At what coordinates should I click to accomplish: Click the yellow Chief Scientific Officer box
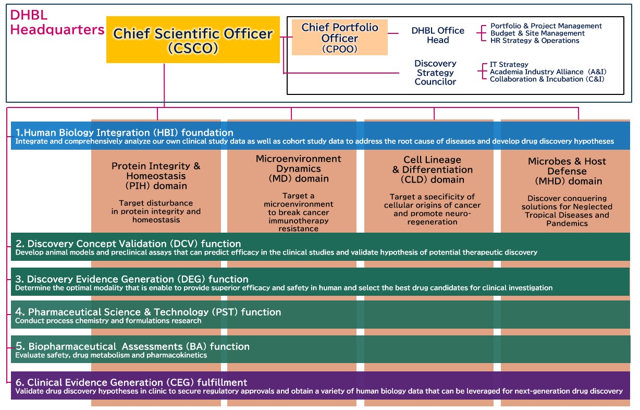(x=193, y=40)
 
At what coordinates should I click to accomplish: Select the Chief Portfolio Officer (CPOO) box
(x=339, y=37)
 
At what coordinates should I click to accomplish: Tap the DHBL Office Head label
(x=437, y=35)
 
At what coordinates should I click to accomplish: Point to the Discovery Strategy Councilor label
(x=435, y=73)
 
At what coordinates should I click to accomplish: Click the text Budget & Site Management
(x=537, y=33)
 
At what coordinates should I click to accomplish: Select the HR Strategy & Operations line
(x=534, y=41)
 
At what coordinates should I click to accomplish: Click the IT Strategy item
(x=509, y=65)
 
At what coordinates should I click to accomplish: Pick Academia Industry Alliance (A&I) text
(x=548, y=72)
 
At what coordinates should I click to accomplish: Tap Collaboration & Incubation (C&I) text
(x=547, y=79)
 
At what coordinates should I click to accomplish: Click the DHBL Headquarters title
(x=56, y=23)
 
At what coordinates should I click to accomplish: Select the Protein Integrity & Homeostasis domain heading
(x=156, y=176)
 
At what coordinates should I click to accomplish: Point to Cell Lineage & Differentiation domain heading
(x=432, y=170)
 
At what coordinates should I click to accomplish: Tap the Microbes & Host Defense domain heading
(x=567, y=171)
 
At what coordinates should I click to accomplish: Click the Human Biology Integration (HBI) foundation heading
(x=125, y=132)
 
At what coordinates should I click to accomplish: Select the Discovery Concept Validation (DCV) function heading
(x=128, y=244)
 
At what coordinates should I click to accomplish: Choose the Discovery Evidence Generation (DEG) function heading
(x=132, y=279)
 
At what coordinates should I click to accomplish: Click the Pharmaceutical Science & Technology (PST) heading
(x=148, y=312)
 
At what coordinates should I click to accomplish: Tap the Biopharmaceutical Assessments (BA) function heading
(x=132, y=346)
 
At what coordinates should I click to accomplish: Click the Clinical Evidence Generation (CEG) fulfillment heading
(x=131, y=382)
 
